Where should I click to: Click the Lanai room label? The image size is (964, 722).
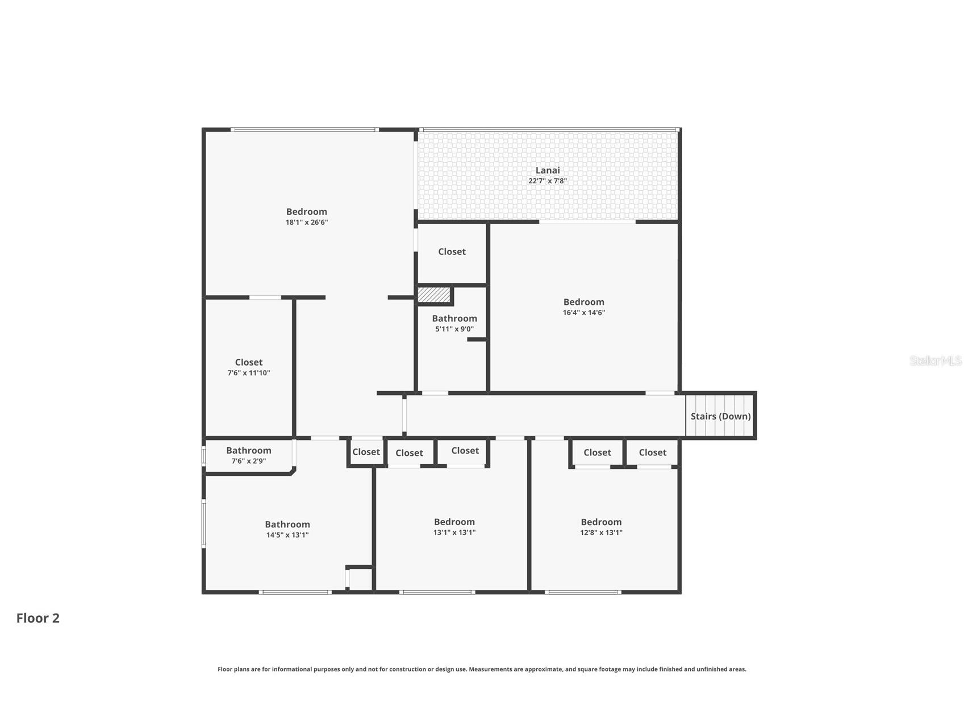548,170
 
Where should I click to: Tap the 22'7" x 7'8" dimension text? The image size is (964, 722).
548,181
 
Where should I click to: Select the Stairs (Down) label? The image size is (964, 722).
720,416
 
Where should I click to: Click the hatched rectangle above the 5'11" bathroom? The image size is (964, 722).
434,295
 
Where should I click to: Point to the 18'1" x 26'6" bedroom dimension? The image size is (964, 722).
306,223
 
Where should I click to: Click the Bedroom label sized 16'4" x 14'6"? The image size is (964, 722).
583,302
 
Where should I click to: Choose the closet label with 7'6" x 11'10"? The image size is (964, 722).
248,362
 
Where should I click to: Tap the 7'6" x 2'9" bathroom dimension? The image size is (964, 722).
248,461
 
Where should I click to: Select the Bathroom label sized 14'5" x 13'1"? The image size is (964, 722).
287,524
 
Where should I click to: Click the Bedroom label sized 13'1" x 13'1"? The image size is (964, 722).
454,522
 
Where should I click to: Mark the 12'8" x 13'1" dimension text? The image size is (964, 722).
601,532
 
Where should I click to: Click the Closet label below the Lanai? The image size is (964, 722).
452,251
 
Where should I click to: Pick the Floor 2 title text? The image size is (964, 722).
37,618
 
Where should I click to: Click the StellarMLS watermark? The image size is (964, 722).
935,360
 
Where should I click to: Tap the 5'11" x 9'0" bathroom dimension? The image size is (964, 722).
454,329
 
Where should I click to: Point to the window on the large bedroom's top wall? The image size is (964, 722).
304,130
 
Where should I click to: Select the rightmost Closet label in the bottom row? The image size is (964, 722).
652,452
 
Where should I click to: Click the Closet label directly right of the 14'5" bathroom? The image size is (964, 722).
366,452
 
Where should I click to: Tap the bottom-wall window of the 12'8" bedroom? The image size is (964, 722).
582,592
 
